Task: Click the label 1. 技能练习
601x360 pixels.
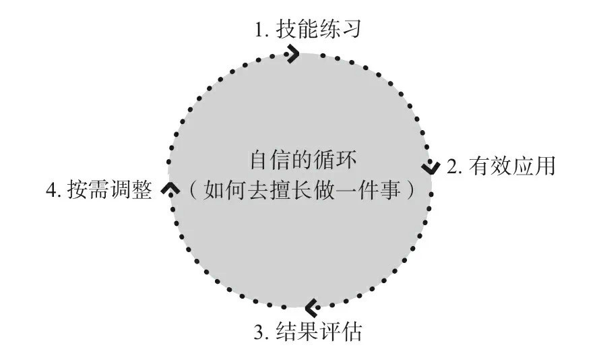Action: (x=308, y=30)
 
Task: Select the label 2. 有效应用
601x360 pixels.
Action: (x=501, y=167)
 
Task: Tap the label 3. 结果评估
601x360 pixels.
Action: (x=308, y=331)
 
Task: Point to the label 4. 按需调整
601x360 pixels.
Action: (x=99, y=189)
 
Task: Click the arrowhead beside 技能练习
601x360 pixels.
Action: (x=292, y=54)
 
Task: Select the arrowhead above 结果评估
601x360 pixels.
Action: (x=313, y=307)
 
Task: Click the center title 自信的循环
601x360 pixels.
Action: (x=303, y=160)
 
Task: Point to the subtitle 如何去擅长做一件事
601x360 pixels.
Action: (x=302, y=190)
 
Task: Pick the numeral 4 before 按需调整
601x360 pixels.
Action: (x=51, y=190)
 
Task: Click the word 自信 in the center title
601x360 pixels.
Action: (x=271, y=160)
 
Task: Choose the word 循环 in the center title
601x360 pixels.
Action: (x=336, y=160)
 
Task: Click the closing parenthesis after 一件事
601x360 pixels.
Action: (x=410, y=190)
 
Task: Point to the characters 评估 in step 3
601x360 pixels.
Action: (x=341, y=331)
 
